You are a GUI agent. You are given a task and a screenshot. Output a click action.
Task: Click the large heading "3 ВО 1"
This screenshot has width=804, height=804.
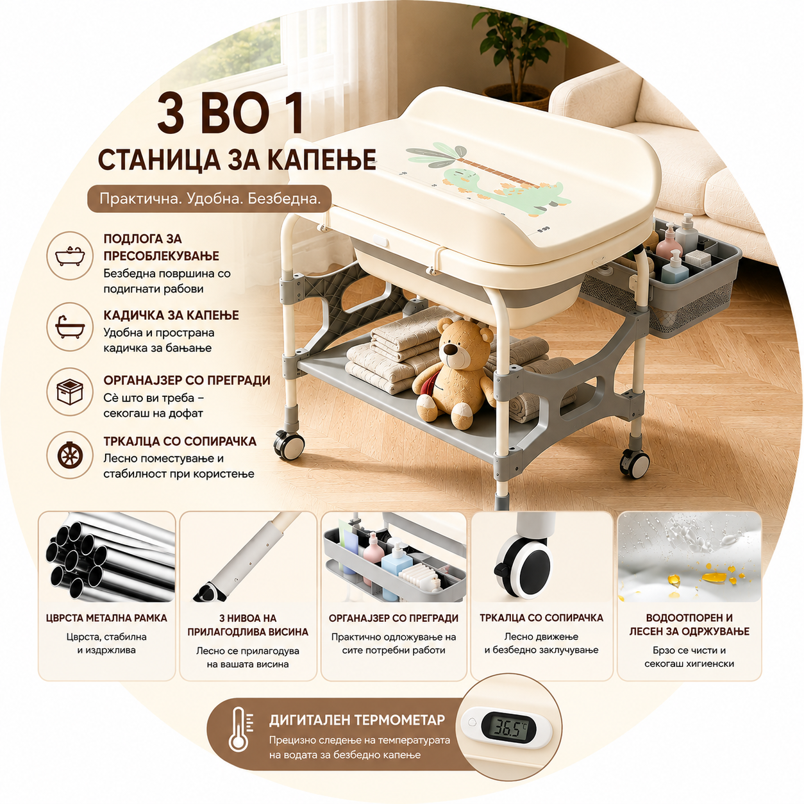[x=230, y=113]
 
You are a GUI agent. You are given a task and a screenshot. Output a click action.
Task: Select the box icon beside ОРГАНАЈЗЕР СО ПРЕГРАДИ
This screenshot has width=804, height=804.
[x=70, y=391]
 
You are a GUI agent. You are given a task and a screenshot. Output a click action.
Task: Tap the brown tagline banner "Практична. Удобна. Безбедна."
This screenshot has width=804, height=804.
[x=210, y=199]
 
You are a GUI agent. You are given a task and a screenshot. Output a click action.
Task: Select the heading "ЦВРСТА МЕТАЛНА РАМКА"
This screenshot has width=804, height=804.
[x=106, y=618]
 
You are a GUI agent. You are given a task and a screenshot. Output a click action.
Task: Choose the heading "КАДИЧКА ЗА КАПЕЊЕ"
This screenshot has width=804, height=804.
[x=171, y=315]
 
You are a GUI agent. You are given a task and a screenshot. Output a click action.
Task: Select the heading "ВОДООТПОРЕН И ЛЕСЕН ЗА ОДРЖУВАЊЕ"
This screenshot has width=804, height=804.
[x=689, y=624]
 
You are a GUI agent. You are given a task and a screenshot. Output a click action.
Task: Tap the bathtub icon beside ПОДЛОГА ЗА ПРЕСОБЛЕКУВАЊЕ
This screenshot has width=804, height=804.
[x=70, y=256]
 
